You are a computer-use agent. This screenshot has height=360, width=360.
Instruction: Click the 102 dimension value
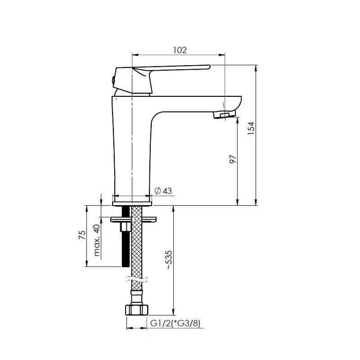pyautogui.click(x=180, y=50)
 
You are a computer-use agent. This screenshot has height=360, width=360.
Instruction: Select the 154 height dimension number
pyautogui.click(x=251, y=128)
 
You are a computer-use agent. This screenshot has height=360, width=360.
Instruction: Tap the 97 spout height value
pyautogui.click(x=233, y=159)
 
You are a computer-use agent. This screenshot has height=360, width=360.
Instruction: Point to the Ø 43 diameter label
pyautogui.click(x=163, y=191)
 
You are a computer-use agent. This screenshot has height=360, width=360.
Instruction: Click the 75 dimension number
pyautogui.click(x=82, y=235)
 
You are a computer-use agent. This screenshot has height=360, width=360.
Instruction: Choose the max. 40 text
pyautogui.click(x=97, y=240)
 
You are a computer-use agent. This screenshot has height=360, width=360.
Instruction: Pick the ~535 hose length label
pyautogui.click(x=169, y=260)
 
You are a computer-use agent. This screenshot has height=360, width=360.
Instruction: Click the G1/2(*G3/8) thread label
pyautogui.click(x=175, y=323)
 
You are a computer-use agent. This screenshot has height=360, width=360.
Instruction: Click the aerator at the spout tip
pyautogui.click(x=225, y=114)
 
